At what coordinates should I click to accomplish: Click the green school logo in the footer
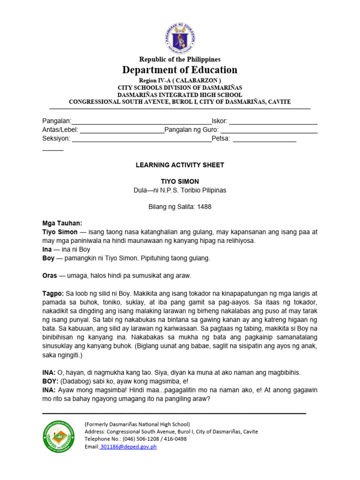[59, 435]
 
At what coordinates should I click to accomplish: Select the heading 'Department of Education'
[180, 70]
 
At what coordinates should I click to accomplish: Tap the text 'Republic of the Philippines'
[180, 59]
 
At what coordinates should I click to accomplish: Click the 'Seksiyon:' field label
[56, 139]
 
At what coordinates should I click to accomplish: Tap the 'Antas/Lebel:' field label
[60, 130]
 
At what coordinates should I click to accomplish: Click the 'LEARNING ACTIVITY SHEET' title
[180, 165]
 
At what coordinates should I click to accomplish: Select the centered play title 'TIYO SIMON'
[180, 181]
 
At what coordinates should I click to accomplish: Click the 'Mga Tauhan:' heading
[62, 224]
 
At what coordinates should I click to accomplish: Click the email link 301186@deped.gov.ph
[128, 447]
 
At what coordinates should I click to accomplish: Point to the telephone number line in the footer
[135, 439]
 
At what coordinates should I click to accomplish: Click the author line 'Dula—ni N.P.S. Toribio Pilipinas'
[180, 190]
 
